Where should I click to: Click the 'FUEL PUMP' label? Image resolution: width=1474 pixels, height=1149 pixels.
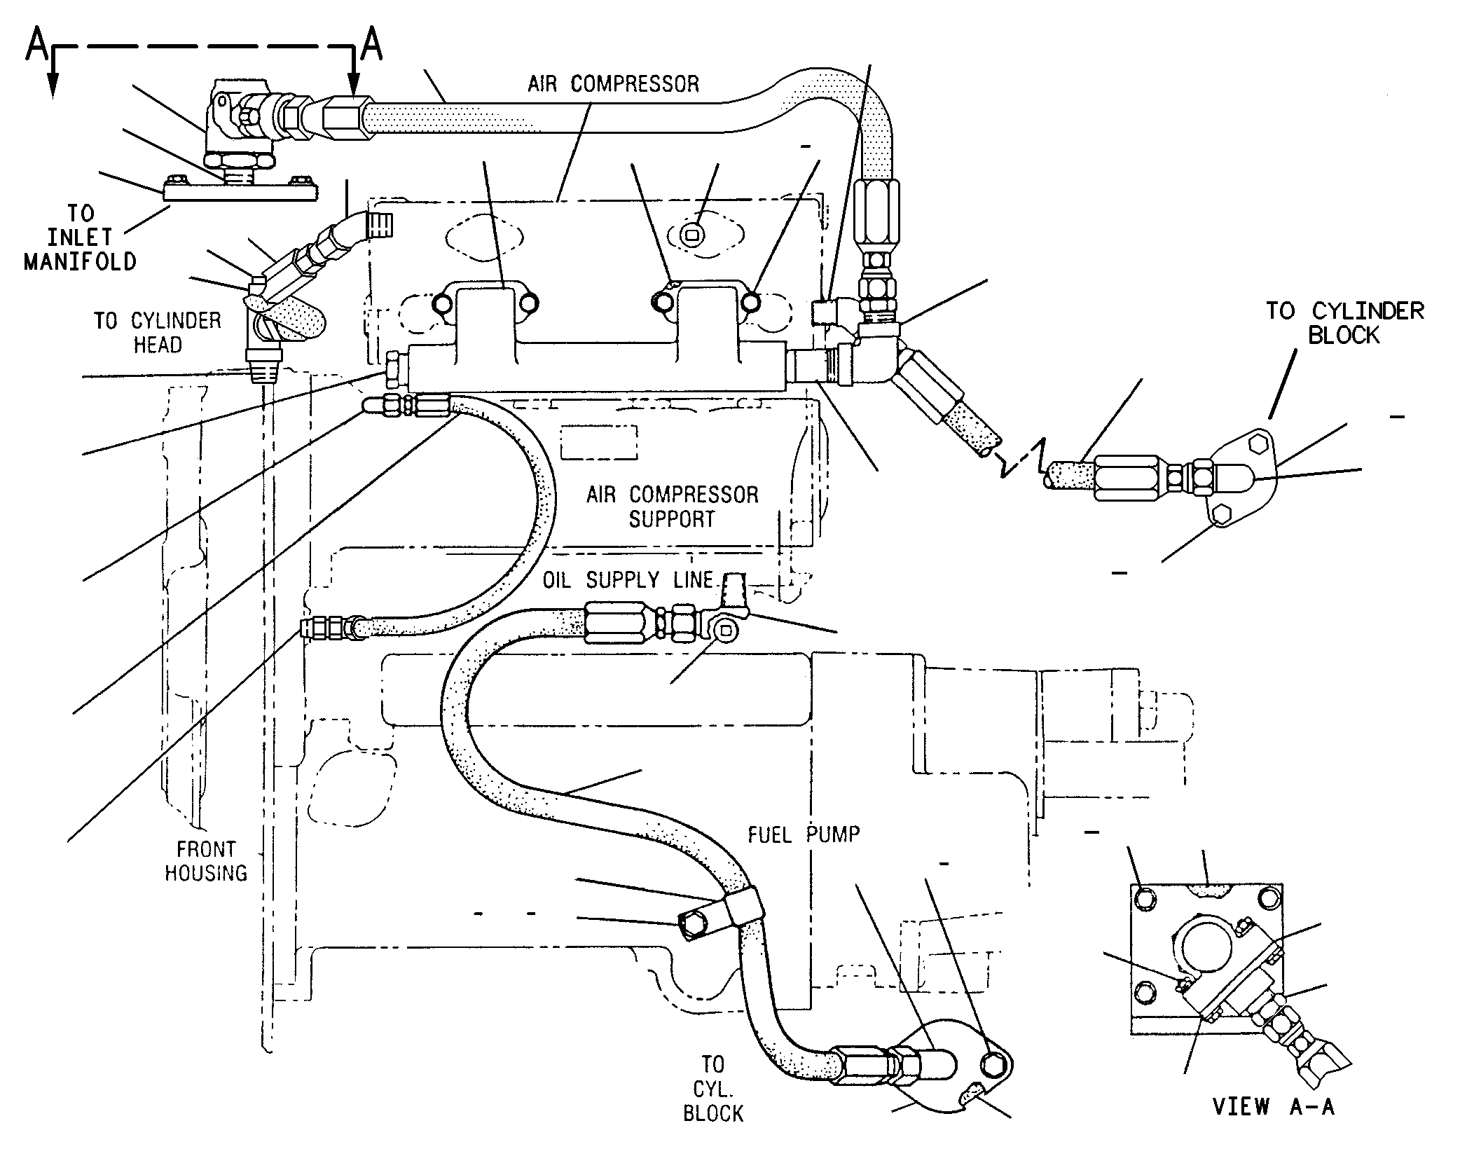804,834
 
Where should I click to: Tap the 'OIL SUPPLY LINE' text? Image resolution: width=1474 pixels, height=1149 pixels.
628,579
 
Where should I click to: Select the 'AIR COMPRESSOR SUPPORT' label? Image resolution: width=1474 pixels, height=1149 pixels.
672,507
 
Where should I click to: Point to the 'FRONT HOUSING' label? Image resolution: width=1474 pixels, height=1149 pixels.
206,861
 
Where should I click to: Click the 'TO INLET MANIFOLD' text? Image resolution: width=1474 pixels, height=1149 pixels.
81,238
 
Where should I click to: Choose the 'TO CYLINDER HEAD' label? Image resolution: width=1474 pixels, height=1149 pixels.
158,333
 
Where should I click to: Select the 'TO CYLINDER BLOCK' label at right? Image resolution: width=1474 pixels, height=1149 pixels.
1344,323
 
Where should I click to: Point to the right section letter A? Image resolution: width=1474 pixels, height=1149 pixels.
371,46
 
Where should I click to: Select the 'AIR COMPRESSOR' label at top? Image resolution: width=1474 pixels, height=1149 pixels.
613,84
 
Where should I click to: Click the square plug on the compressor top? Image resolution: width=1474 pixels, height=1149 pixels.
691,235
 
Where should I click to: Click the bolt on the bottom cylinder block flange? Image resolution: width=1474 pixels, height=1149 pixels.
993,1066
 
